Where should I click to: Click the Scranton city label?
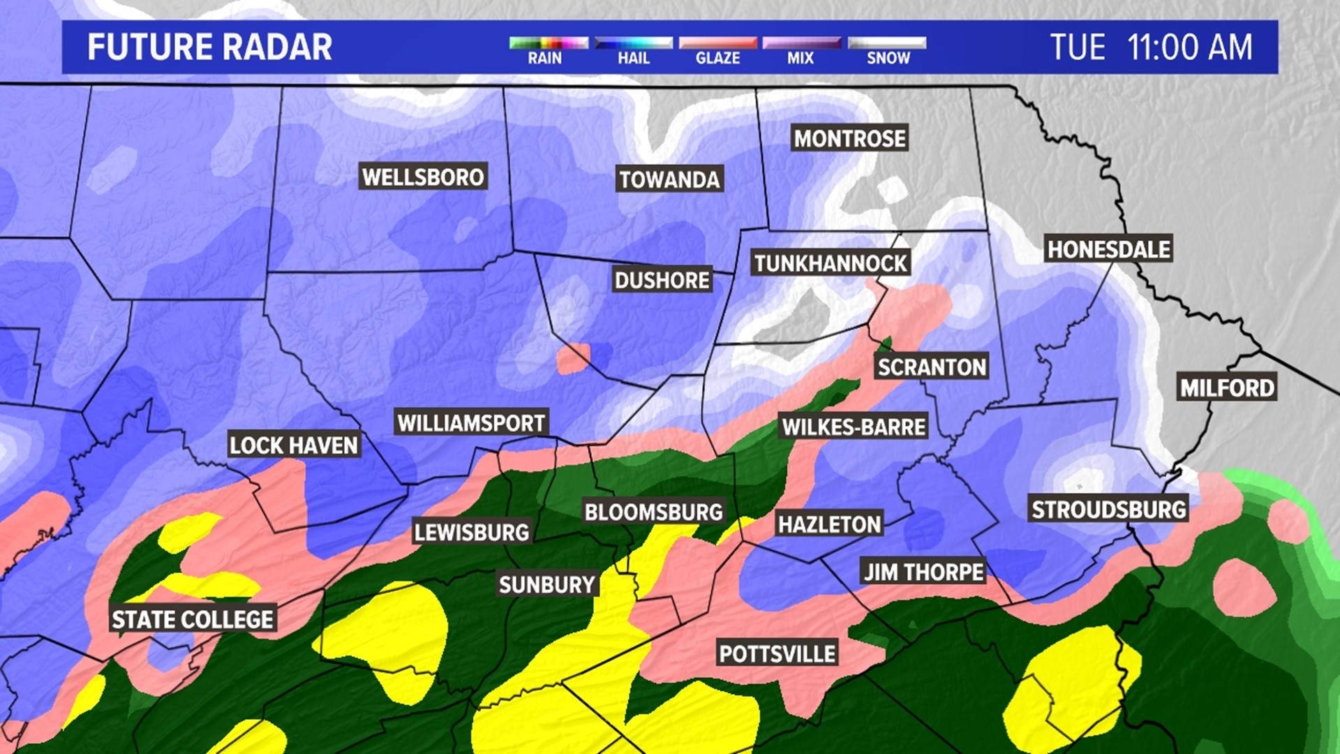[x=932, y=367]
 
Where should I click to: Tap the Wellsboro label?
[x=423, y=177]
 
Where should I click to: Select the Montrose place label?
[x=849, y=139]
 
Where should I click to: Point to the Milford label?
[x=1227, y=388]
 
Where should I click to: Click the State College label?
[x=193, y=620]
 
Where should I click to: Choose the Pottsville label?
[x=777, y=654]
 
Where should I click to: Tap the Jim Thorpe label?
[x=923, y=572]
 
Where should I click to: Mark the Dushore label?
[x=662, y=281]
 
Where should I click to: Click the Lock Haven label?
[x=293, y=445]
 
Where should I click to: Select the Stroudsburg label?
[x=1108, y=510]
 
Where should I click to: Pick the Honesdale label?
[x=1108, y=249]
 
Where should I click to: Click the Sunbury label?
[x=546, y=584]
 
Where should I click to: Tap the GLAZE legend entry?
[x=717, y=58]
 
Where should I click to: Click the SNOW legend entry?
[x=888, y=58]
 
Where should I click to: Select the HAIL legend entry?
[x=633, y=58]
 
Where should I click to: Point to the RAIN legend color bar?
[x=549, y=43]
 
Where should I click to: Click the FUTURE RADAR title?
[x=209, y=47]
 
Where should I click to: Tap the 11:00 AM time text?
[x=1189, y=47]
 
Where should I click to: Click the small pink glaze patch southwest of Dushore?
[x=572, y=358]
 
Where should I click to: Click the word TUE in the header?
[x=1078, y=47]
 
